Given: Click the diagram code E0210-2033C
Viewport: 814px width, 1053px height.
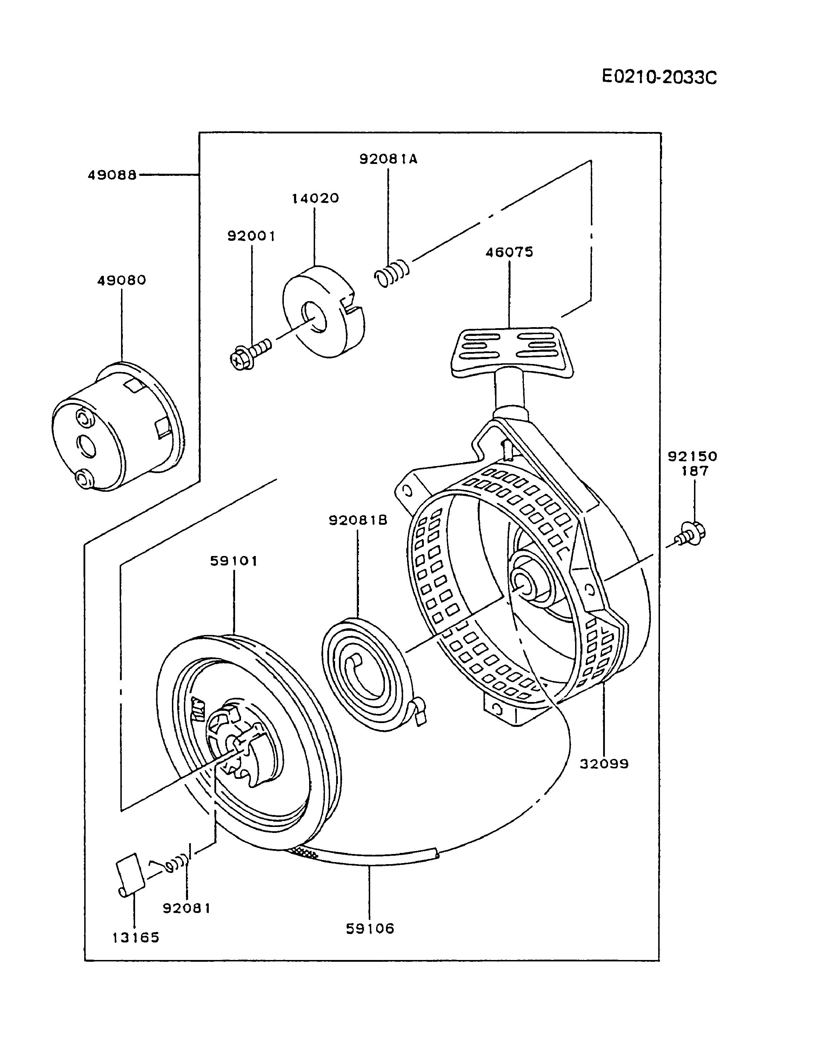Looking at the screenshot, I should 659,77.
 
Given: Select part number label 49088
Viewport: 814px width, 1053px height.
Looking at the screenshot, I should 112,175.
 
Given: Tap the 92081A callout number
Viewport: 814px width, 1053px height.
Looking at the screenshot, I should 388,159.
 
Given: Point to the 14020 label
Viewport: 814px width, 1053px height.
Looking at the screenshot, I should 315,198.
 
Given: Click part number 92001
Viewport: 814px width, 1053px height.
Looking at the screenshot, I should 251,236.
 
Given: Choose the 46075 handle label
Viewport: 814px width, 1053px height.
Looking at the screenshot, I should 509,252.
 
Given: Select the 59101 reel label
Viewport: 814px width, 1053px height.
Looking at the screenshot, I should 234,561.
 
